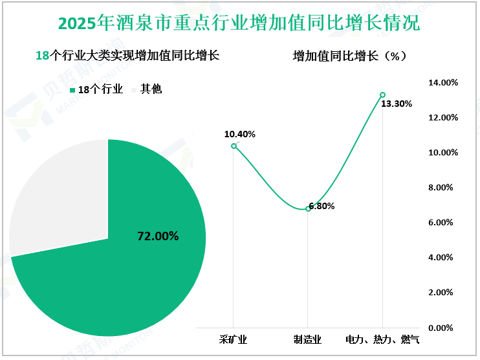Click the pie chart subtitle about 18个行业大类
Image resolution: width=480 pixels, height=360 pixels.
[127, 56]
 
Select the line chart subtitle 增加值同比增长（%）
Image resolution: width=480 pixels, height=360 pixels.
[349, 56]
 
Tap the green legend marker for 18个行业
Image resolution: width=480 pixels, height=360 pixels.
[72, 90]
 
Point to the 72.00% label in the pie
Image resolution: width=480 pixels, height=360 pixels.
[158, 236]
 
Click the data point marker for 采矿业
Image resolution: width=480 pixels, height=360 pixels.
[234, 146]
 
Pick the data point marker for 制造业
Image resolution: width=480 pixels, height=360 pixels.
[308, 208]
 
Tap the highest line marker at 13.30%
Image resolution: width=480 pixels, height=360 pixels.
[382, 95]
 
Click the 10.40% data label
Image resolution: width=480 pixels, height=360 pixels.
[240, 134]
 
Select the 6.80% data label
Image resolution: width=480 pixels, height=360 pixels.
[322, 206]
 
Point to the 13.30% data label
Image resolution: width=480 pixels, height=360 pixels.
[397, 104]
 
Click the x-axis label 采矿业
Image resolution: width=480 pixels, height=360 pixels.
[234, 339]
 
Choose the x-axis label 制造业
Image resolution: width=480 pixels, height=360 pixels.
[308, 339]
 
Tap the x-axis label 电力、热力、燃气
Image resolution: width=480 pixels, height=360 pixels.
[382, 339]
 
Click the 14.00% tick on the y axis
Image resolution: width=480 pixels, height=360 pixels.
[444, 83]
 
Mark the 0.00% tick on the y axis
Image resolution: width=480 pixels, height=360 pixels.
[444, 328]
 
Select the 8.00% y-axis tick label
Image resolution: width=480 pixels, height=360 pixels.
[444, 188]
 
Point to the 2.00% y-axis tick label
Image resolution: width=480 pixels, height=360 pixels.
[444, 293]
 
